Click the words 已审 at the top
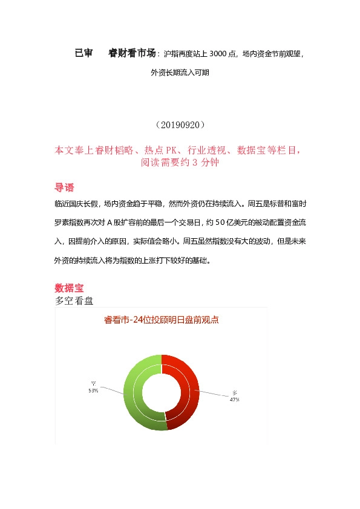point(83,53)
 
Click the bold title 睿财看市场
point(132,53)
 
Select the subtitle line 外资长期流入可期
point(180,73)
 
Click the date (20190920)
point(180,125)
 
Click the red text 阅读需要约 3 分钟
point(180,162)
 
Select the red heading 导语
point(65,187)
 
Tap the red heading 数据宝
point(69,287)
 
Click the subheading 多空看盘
point(74,300)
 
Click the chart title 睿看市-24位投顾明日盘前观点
point(162,320)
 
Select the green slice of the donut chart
point(134,399)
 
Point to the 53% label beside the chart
point(93,391)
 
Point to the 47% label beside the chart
point(235,399)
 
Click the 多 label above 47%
point(235,392)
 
